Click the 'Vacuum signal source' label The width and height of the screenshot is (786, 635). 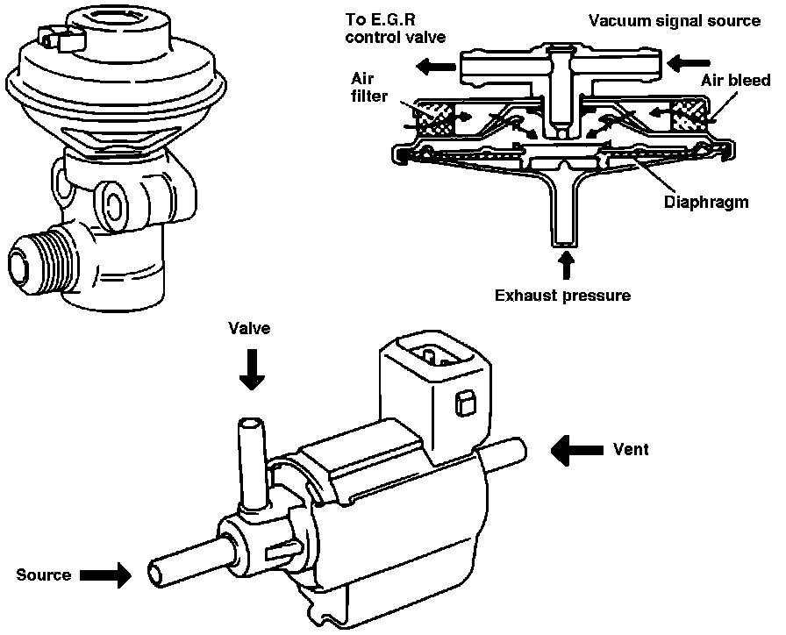675,20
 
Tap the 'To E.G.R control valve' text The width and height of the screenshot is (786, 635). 396,29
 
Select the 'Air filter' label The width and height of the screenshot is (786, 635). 369,87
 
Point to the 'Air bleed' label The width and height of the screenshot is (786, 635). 735,80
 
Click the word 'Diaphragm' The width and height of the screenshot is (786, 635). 706,202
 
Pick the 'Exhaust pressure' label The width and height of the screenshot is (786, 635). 562,296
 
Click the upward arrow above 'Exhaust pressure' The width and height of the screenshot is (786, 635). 567,264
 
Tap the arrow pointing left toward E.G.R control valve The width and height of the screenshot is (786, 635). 437,65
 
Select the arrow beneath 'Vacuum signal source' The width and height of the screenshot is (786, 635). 689,64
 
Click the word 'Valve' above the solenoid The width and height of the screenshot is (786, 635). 249,328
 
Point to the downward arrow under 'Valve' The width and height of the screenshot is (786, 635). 252,369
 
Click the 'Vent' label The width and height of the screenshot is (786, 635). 631,449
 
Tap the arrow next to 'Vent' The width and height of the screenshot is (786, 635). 576,450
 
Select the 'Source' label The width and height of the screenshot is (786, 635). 44,574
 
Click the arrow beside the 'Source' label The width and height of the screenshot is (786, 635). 105,574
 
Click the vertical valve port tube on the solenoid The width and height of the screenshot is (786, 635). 252,464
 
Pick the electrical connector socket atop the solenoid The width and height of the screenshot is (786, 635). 435,357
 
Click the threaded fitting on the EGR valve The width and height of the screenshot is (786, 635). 43,260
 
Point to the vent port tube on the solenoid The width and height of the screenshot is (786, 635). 504,453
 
